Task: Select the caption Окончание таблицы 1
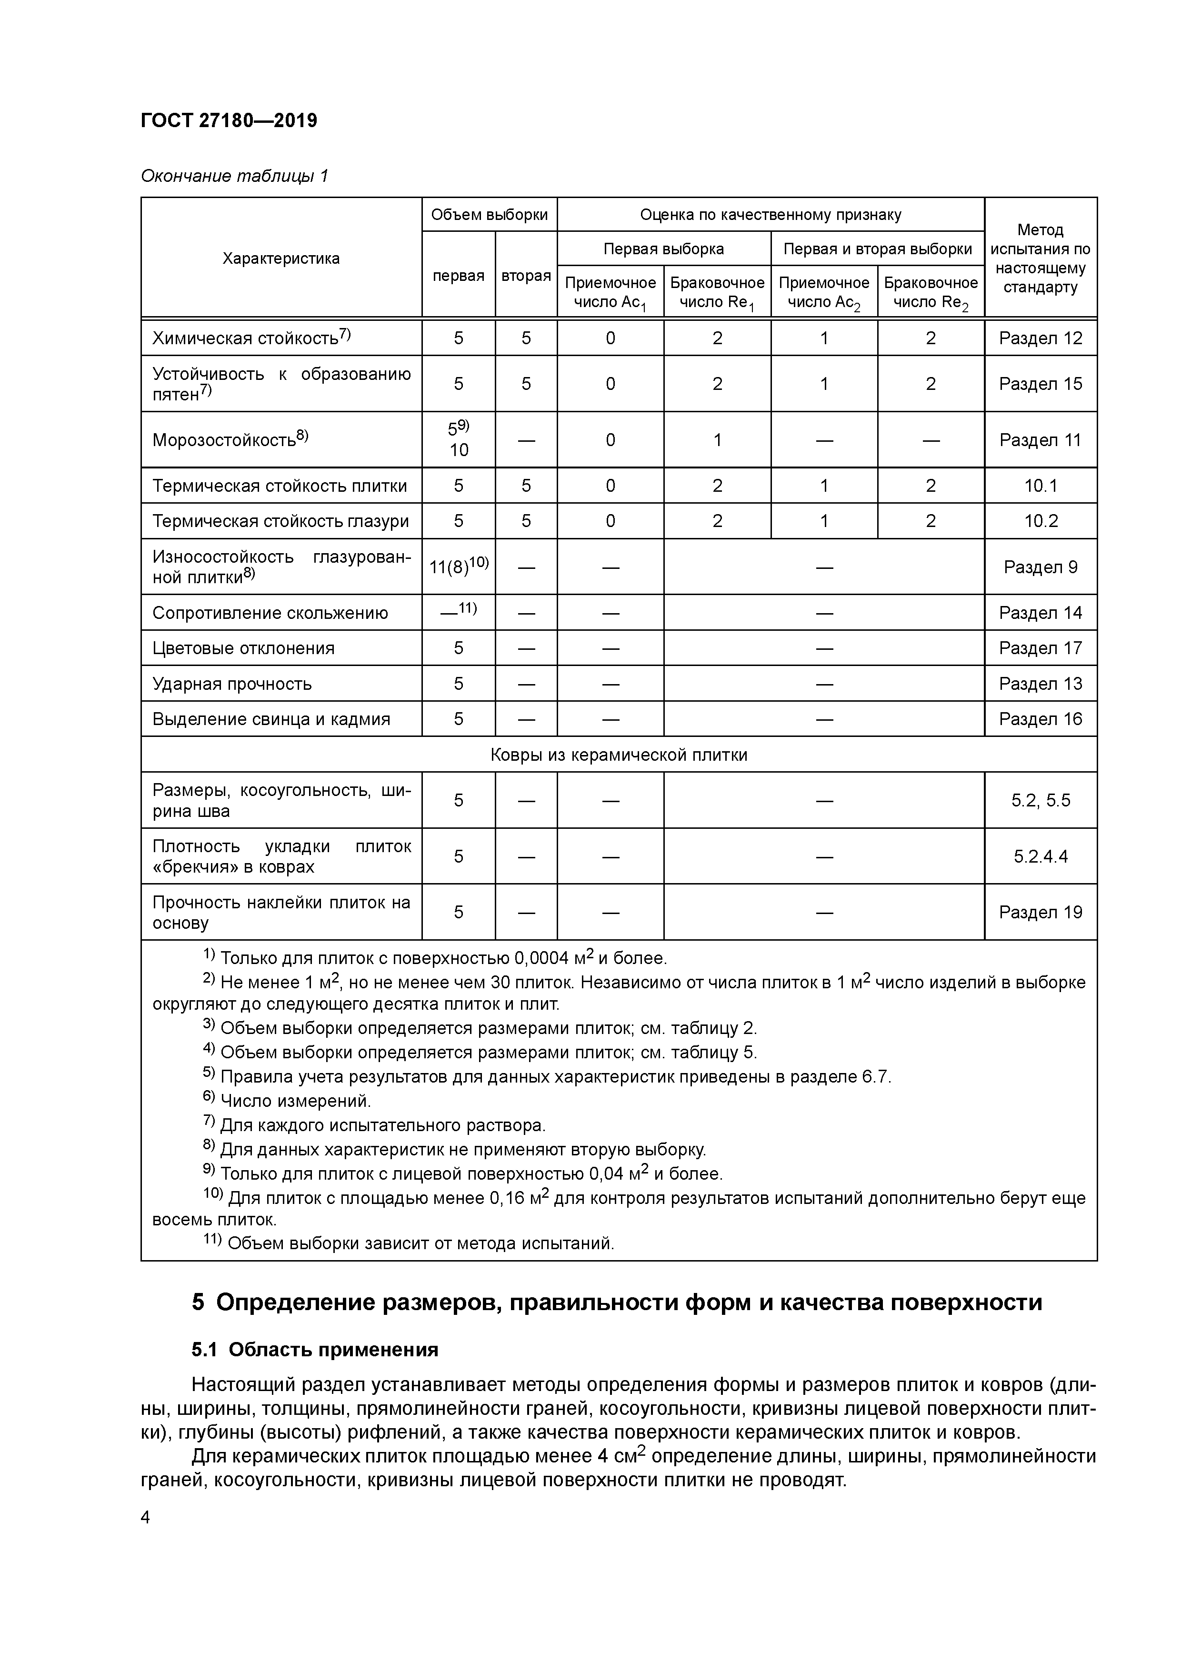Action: point(234,176)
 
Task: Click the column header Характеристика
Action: point(281,258)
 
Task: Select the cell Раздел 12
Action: point(1040,338)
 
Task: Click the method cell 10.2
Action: point(1040,521)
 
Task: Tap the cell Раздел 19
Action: point(1040,912)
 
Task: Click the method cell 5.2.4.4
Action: point(1040,856)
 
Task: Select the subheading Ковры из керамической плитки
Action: point(619,755)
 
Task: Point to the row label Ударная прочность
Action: point(231,684)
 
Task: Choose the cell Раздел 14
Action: point(1040,613)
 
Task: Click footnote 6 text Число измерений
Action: point(295,1101)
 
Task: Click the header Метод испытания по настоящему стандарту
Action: point(1040,258)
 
